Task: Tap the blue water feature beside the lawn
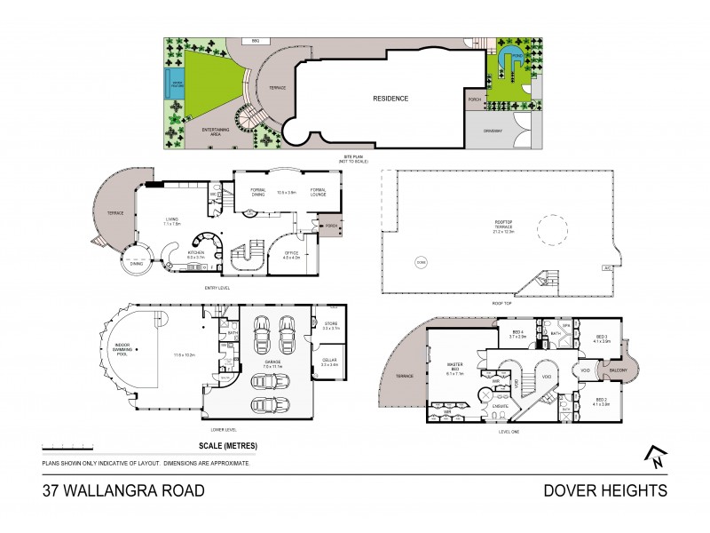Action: click(170, 86)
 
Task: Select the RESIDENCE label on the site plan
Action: click(390, 99)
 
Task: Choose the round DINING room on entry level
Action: click(136, 263)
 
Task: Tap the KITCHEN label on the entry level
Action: click(196, 254)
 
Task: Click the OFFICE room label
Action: click(291, 256)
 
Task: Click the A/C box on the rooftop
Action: click(608, 266)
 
